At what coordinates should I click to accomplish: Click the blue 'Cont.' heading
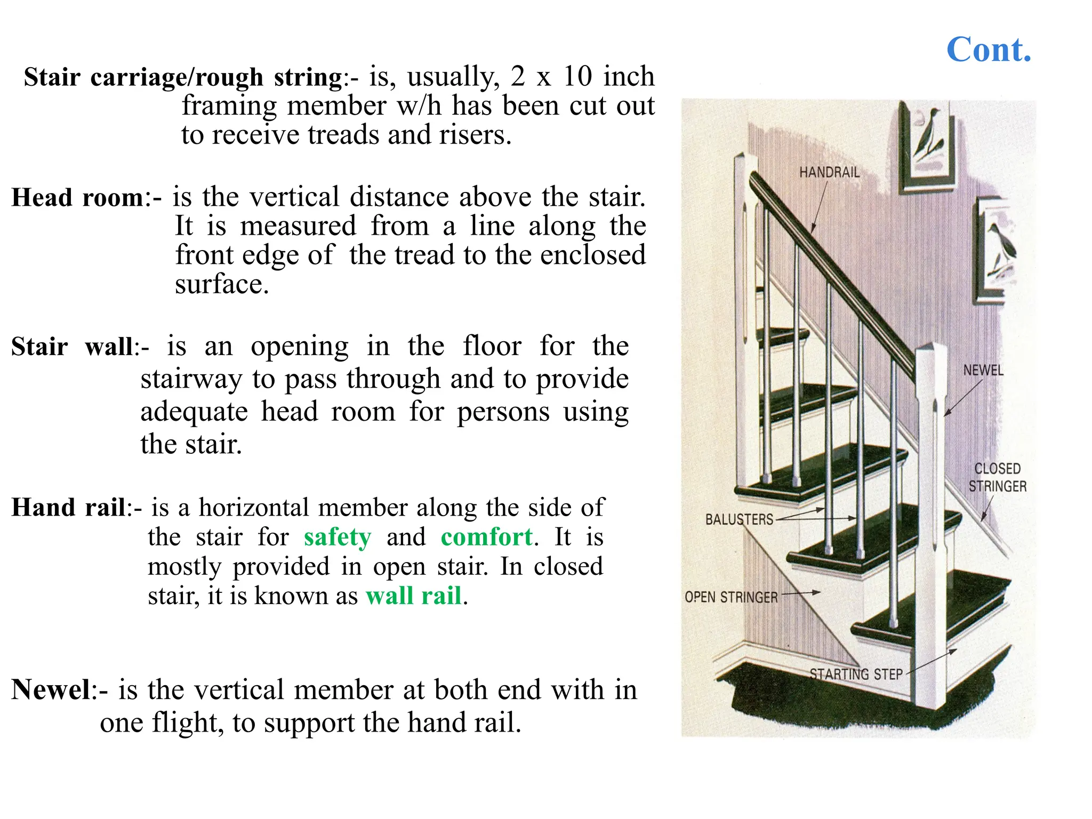(989, 50)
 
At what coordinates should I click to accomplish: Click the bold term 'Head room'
(78, 198)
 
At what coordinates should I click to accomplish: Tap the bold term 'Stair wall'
(73, 347)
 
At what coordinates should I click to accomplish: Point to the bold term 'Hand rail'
(69, 508)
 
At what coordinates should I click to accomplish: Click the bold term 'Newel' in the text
(51, 689)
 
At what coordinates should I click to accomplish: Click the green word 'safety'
(337, 537)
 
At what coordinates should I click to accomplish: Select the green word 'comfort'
(486, 537)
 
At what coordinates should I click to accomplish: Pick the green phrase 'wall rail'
(413, 596)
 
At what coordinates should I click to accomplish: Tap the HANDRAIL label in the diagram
(829, 173)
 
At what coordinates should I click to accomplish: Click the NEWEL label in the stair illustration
(983, 371)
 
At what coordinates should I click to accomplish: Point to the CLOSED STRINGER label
(997, 478)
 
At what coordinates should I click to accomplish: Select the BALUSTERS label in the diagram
(739, 519)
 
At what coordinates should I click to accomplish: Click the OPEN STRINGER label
(731, 597)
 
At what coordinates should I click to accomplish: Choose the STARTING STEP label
(856, 675)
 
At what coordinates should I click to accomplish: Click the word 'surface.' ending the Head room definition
(222, 284)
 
